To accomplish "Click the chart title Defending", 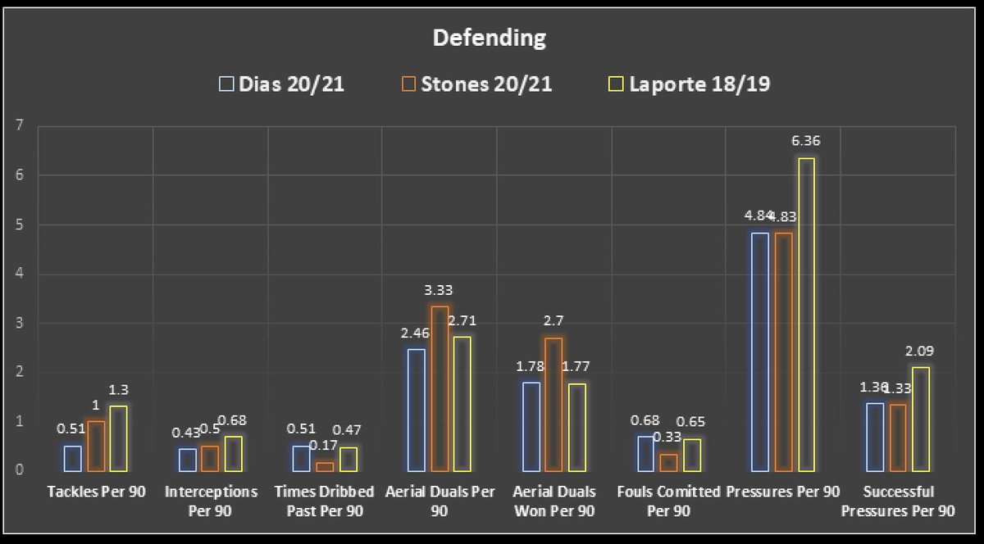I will coord(490,38).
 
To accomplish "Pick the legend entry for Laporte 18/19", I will coord(690,84).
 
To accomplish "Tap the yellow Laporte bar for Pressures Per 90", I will coord(806,315).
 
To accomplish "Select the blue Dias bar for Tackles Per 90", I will coord(72,458).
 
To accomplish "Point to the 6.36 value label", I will coord(806,141).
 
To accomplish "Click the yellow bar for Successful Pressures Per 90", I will coord(921,419).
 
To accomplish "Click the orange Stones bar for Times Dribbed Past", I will coord(325,467).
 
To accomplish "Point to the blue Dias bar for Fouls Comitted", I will coord(646,454).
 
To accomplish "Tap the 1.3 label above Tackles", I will coord(118,390).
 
